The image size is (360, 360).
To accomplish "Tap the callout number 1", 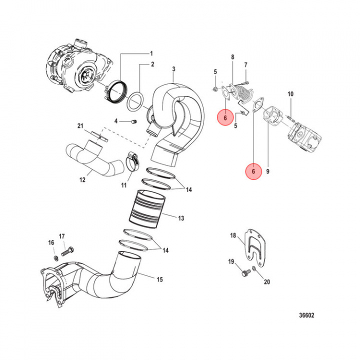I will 152,53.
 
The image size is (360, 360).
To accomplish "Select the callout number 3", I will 173,68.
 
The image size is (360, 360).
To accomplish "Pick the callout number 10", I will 290,94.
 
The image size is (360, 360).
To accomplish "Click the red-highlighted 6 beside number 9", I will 253,171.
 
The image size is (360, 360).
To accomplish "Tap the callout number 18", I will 233,235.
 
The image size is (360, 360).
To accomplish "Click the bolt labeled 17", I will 67,252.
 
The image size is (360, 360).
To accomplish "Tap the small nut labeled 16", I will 55,258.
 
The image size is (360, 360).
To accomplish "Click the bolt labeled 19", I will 244,273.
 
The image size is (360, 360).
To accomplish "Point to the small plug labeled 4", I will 133,121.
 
